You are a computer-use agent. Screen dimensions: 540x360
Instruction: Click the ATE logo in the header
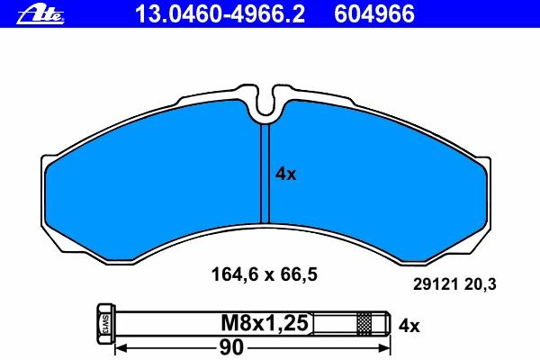pyautogui.click(x=40, y=14)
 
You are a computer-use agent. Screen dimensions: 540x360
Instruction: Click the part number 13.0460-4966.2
pyautogui.click(x=220, y=14)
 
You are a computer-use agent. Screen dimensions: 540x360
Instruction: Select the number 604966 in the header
pyautogui.click(x=374, y=14)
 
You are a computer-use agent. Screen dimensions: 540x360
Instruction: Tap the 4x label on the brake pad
pyautogui.click(x=285, y=175)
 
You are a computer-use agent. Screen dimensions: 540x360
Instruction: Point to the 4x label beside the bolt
pyautogui.click(x=409, y=325)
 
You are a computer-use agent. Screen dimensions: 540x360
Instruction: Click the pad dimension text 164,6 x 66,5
pyautogui.click(x=264, y=274)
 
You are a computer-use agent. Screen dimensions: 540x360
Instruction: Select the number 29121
pyautogui.click(x=436, y=284)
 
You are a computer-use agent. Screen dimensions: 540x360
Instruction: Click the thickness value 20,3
pyautogui.click(x=480, y=285)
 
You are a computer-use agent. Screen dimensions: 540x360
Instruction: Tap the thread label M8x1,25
pyautogui.click(x=265, y=323)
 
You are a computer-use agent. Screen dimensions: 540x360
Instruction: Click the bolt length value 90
pyautogui.click(x=231, y=347)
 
